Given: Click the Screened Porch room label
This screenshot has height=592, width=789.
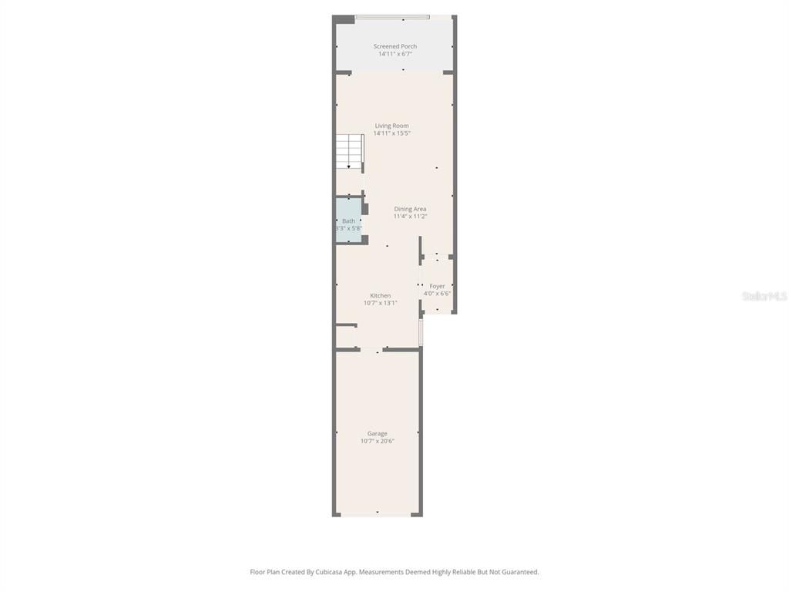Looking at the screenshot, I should [394, 46].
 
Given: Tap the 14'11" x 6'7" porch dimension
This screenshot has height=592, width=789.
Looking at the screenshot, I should [394, 54].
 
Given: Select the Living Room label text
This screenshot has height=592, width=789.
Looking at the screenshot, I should [391, 126].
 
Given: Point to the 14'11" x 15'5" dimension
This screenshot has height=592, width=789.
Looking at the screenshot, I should [391, 133].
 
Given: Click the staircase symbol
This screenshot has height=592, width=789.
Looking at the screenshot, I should [349, 152].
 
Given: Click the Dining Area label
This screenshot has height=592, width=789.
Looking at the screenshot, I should [410, 209].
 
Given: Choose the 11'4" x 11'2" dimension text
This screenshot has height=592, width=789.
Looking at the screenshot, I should [410, 217].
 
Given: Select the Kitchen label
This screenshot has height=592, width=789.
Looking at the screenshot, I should [380, 295].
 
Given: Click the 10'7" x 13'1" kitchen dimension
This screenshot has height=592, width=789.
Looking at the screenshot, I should [380, 303].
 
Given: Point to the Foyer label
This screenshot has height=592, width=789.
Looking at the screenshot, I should [437, 286].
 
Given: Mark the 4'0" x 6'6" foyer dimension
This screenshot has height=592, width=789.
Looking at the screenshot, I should [437, 294].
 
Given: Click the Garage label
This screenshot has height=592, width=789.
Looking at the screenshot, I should [377, 433].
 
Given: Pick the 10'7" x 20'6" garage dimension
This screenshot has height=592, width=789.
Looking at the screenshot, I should [377, 441].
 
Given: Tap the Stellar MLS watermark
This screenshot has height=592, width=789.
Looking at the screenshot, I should [764, 296].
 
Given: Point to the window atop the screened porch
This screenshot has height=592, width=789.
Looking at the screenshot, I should [392, 17].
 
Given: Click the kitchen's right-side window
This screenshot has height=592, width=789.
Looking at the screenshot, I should [421, 332].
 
